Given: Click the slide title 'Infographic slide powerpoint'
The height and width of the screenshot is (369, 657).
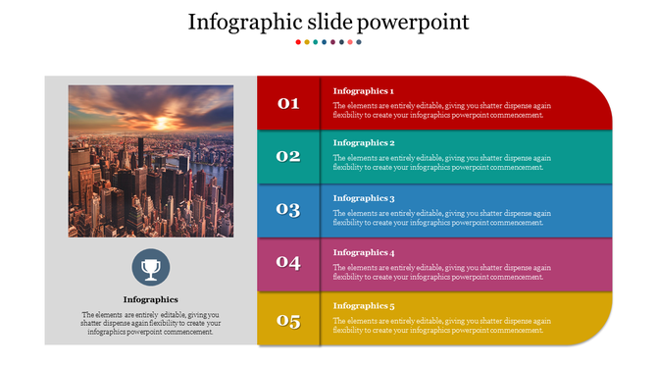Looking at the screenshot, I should [328, 22].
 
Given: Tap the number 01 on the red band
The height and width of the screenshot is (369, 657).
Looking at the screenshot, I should [288, 103].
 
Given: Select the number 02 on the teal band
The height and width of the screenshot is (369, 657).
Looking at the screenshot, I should [288, 156].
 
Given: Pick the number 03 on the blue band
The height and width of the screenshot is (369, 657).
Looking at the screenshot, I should [288, 209].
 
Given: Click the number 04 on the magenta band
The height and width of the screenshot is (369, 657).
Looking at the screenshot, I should [288, 262].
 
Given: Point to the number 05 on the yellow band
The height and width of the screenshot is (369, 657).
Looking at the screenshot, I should [288, 320].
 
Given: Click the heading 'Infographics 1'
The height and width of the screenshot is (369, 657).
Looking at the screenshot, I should [363, 90].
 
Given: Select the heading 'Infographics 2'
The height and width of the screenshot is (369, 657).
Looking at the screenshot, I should [363, 143].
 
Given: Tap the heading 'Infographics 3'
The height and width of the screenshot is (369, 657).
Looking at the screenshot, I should [363, 198].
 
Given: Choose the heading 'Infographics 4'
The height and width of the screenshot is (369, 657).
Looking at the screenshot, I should [363, 252].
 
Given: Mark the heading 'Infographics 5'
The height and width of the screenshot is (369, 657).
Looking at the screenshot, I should [363, 306].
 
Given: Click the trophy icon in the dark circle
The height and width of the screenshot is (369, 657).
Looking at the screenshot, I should [150, 267].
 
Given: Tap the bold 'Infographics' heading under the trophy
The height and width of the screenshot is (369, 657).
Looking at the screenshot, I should [150, 299].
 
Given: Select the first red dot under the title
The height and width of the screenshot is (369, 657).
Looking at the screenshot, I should [298, 42].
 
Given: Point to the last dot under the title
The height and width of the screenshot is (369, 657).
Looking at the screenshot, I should [359, 42].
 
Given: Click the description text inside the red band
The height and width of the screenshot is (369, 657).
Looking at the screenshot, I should [441, 110].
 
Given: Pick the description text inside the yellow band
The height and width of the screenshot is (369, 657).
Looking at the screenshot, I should [441, 326].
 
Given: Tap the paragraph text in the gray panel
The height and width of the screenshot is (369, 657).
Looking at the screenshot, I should [150, 323].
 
